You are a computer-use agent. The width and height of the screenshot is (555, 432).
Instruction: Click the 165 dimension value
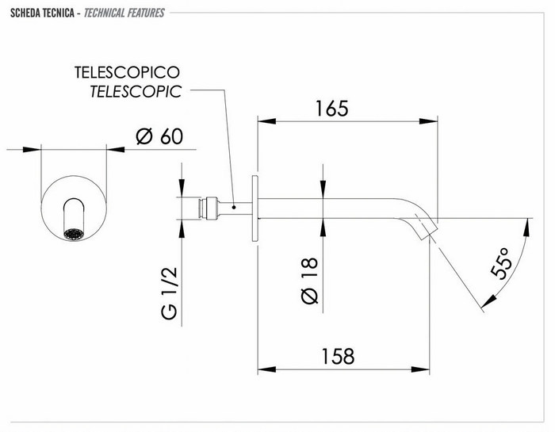tap(331, 109)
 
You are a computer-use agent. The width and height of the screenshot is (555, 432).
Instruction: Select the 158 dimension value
tap(331, 356)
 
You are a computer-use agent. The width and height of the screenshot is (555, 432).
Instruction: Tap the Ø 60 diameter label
tap(159, 136)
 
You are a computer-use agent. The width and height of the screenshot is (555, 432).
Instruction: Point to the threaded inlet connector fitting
tap(210, 207)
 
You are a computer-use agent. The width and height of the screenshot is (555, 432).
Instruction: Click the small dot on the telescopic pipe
tap(234, 207)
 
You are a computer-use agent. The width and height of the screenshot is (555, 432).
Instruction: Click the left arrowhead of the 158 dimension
tap(265, 369)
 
